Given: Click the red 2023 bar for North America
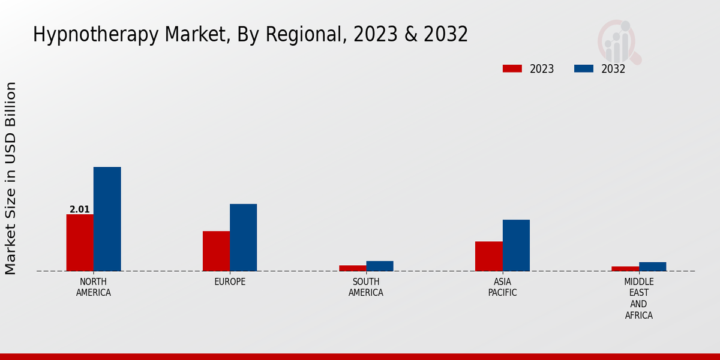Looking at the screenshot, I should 80,242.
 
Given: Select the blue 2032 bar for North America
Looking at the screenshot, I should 107,219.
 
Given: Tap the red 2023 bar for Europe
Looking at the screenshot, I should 216,251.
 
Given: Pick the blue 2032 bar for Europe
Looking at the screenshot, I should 243,238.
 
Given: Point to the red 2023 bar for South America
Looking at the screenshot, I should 352,268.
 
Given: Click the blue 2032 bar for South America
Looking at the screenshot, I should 380,266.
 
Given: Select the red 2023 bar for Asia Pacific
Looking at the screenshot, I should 488,256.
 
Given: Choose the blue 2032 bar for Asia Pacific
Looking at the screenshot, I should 516,245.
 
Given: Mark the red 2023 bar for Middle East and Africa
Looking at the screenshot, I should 625,269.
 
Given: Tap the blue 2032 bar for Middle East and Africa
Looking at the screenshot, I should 652,266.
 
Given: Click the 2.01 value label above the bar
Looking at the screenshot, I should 80,209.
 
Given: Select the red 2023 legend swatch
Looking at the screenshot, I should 512,68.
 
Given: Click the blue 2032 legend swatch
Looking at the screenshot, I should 583,68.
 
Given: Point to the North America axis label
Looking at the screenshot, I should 94,287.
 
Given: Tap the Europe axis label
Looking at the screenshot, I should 230,282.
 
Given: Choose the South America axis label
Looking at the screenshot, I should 366,287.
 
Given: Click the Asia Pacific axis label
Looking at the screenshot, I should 502,287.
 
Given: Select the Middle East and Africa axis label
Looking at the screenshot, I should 639,298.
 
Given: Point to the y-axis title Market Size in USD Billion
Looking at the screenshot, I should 11,178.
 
